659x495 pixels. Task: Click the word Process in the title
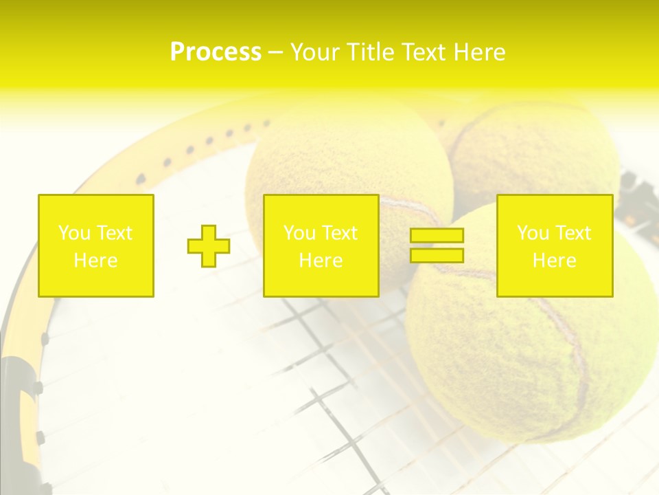tap(216, 52)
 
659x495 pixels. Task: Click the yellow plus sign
tap(209, 246)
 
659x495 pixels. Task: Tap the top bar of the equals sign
tap(437, 236)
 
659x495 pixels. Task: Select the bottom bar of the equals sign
tap(437, 256)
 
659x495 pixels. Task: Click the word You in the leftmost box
tap(73, 233)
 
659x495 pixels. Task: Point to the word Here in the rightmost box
tap(555, 261)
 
